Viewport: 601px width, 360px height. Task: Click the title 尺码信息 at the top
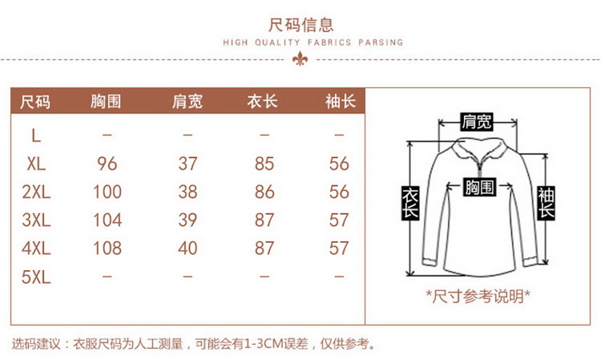point(300,25)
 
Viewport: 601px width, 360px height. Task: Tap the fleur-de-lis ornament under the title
point(300,59)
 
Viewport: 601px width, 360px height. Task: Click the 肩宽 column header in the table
point(188,102)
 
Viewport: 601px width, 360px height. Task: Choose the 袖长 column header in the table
point(339,102)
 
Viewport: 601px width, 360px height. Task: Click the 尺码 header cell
point(35,102)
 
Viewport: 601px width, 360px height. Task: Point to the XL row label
point(36,164)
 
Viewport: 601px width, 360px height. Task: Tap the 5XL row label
point(36,277)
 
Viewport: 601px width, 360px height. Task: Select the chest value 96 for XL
point(107,164)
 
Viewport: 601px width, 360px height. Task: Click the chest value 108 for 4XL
point(107,249)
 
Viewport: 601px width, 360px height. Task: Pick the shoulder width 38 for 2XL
point(188,192)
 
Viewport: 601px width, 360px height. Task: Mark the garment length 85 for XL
point(264,164)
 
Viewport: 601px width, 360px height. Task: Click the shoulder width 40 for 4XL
point(188,249)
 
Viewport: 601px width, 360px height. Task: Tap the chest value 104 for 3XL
point(107,220)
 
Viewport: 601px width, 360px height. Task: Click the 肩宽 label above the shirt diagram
point(477,122)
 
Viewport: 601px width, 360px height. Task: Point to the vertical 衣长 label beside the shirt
point(410,202)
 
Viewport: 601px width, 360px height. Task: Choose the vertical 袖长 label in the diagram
point(547,202)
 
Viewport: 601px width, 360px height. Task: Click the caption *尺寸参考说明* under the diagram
point(478,296)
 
